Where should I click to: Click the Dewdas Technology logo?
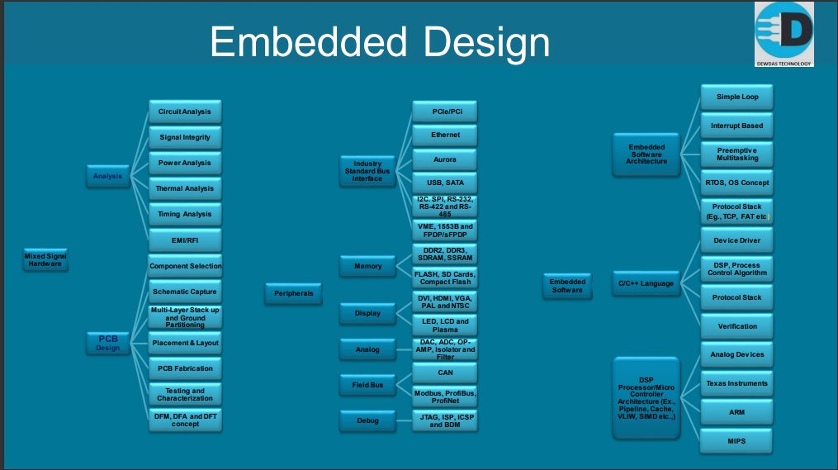784,34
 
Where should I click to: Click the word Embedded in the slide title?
309,41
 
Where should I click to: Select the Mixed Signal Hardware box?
45,260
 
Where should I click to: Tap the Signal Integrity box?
185,137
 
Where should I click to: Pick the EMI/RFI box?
185,240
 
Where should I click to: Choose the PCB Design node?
108,343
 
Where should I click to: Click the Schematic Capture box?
185,292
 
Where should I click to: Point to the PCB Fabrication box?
185,368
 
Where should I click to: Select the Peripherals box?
293,293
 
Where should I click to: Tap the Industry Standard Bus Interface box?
367,171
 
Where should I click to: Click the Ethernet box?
445,135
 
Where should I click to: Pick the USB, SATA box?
445,183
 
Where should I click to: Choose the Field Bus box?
367,385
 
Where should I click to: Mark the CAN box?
445,373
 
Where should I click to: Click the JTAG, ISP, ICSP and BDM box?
445,420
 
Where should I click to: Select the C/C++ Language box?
646,283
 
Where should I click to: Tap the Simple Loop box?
737,97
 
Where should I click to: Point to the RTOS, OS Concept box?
737,183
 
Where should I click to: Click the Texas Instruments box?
737,383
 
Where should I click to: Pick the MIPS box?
737,441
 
